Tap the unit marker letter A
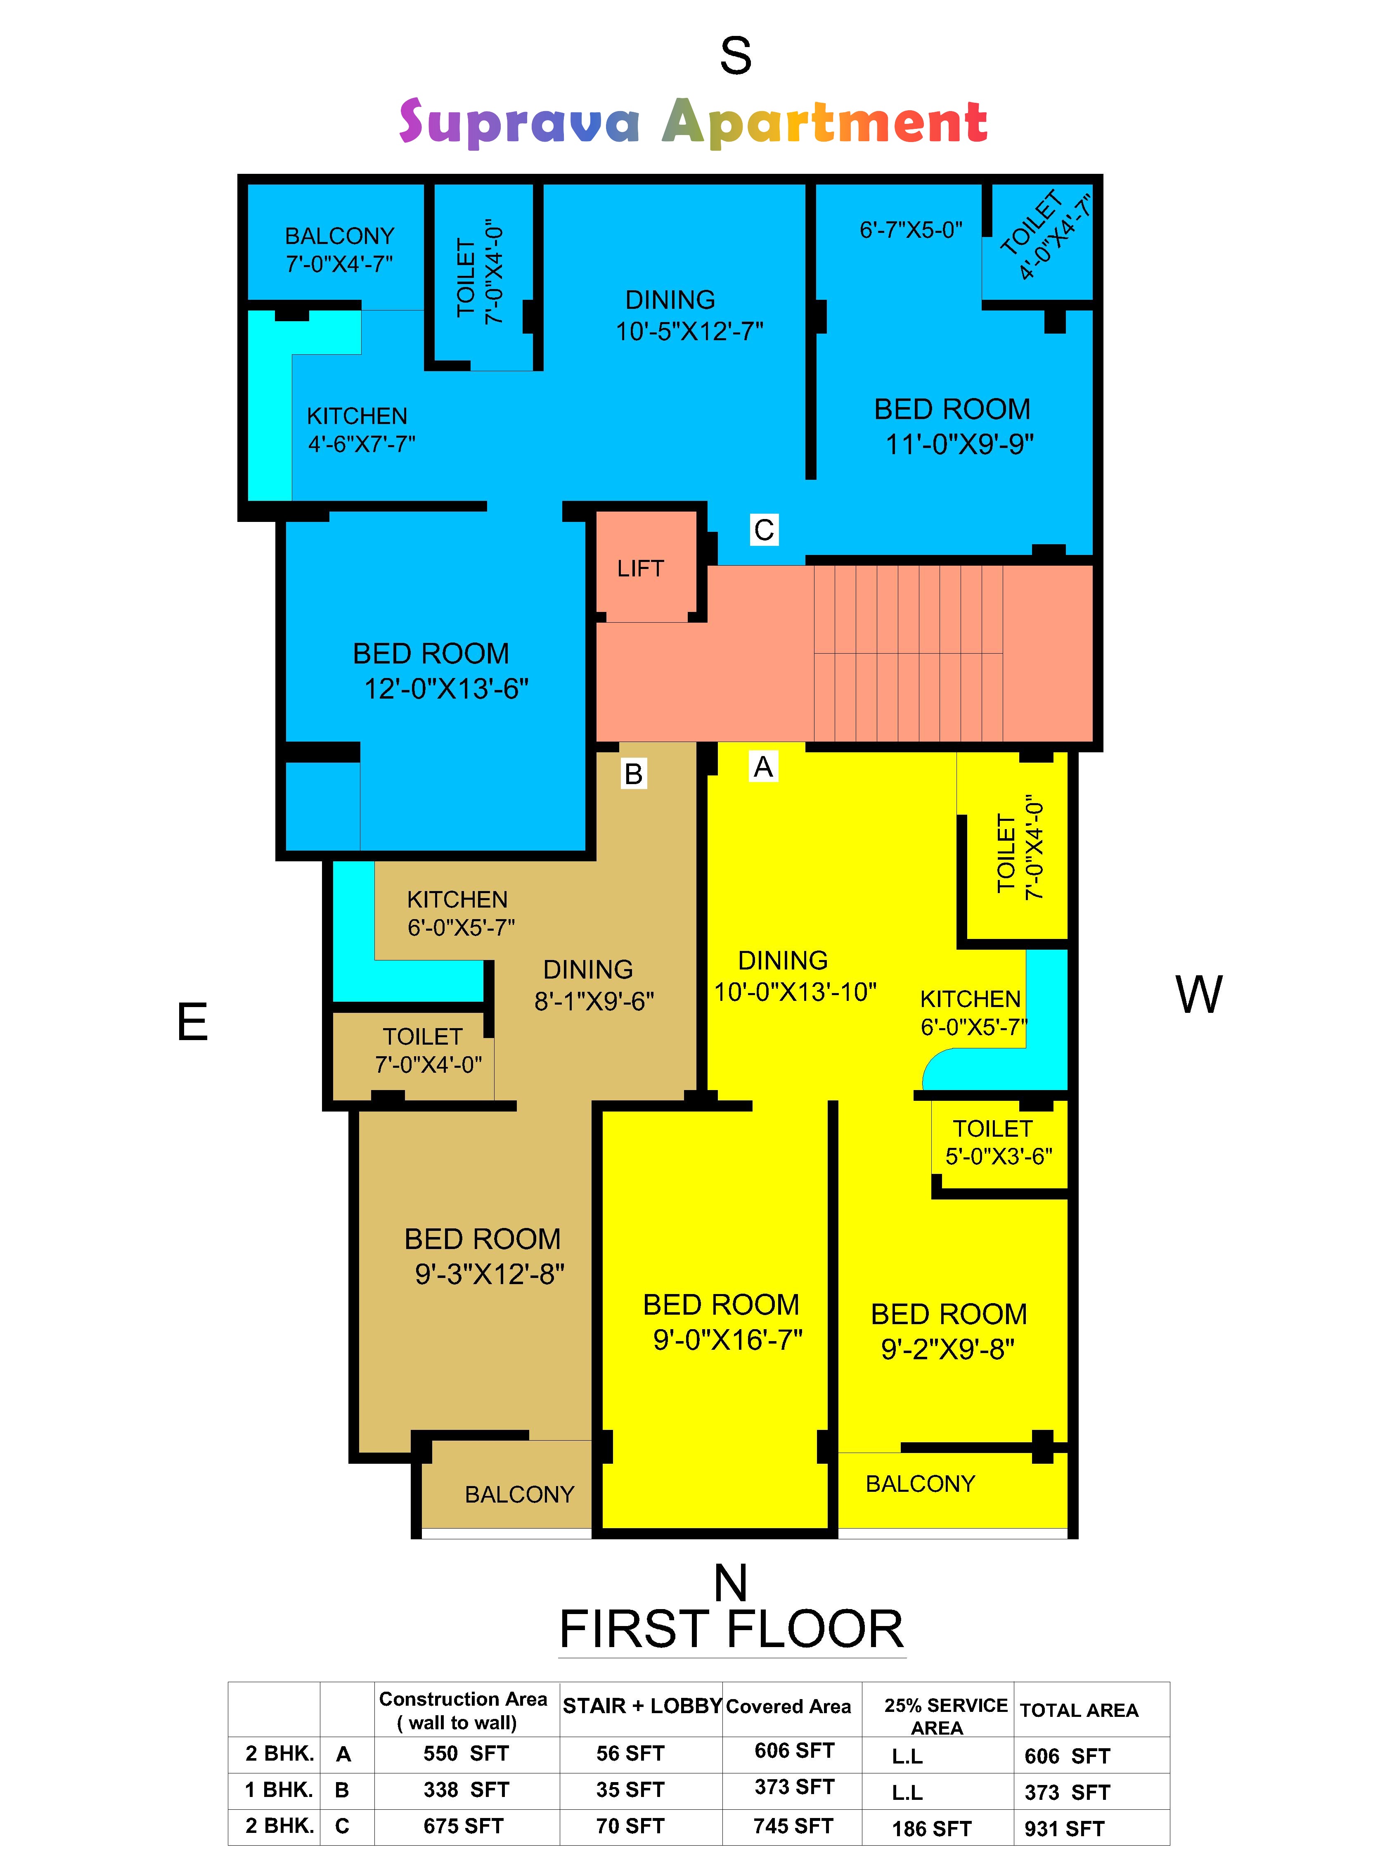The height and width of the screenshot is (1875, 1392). coord(763,767)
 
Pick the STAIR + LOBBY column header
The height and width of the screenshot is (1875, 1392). coord(642,1707)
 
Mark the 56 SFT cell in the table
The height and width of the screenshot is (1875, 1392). coord(630,1754)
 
